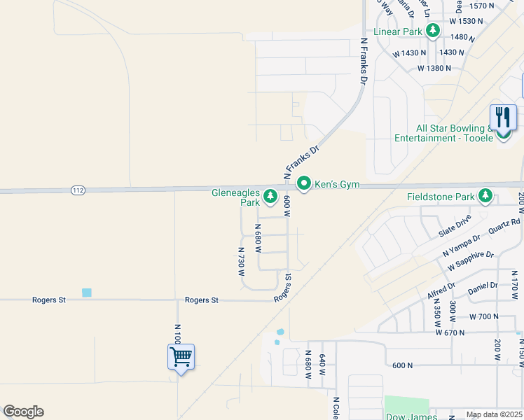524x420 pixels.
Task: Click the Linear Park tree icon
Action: point(434,30)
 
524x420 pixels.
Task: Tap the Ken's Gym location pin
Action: point(304,184)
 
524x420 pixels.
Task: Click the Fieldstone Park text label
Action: point(441,197)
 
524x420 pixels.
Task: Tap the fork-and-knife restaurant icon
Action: point(503,118)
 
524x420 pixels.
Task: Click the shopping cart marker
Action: point(181,357)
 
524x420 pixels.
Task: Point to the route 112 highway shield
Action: point(77,190)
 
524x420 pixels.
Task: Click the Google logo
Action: point(23,412)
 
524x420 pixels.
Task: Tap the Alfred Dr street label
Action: point(442,290)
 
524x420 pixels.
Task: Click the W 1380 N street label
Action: point(435,69)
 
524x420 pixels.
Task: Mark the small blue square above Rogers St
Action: point(87,293)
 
